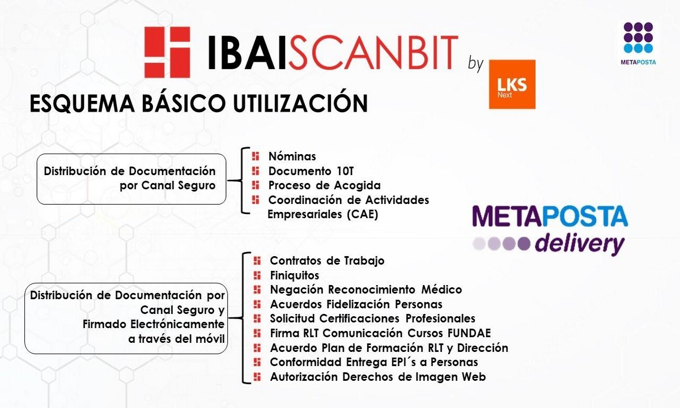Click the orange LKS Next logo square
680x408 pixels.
pos(512,84)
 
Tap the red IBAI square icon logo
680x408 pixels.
pos(167,52)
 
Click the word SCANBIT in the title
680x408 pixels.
pos(373,53)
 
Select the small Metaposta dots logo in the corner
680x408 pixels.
pos(638,43)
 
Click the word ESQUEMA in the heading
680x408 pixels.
pos(82,104)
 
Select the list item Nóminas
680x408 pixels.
pos(292,156)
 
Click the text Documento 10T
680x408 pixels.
pos(311,171)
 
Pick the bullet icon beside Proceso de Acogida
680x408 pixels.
pos(256,185)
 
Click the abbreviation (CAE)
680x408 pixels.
pos(363,215)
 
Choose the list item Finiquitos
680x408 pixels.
pos(295,275)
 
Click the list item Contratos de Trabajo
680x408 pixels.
pos(328,261)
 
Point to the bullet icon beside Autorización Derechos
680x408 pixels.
pos(257,377)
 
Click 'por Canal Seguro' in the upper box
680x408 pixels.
pos(168,185)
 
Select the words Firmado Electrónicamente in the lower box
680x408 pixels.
pos(154,324)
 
